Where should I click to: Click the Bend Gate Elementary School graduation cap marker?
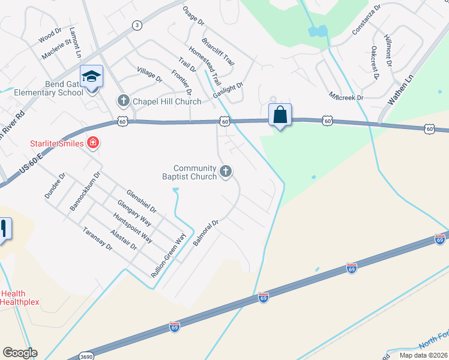coord(91,77)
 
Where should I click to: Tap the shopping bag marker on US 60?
coord(280,115)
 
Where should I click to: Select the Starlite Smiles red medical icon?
coord(92,143)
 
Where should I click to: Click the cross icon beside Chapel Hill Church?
coord(123,101)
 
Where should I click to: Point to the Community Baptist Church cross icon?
coord(226,172)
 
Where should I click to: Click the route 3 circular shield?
coord(137,25)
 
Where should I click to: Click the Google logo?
coord(20,353)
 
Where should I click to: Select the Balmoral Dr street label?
coord(205,233)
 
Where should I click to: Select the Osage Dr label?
coord(193,15)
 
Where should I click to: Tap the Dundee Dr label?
coord(55,186)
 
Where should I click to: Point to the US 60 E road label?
coord(32,162)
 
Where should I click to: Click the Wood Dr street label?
coord(50,35)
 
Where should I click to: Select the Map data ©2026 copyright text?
coord(423,355)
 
